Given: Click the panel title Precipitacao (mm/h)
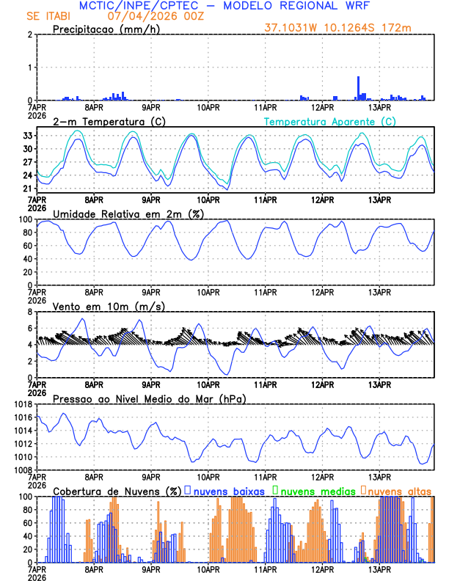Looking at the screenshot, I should coord(101,29).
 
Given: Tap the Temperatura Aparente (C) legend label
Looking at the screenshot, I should coord(330,121).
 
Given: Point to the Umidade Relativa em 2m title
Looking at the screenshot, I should coord(122,213).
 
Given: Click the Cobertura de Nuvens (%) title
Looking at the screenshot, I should coord(117,491).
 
